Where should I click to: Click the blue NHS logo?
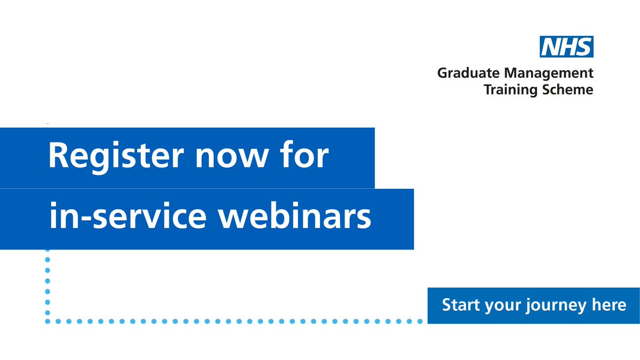(x=567, y=47)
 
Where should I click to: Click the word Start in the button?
(x=461, y=305)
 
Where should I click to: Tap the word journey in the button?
(x=551, y=306)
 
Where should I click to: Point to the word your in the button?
(x=503, y=306)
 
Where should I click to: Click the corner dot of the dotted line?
(x=47, y=321)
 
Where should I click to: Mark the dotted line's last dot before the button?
(x=419, y=321)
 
